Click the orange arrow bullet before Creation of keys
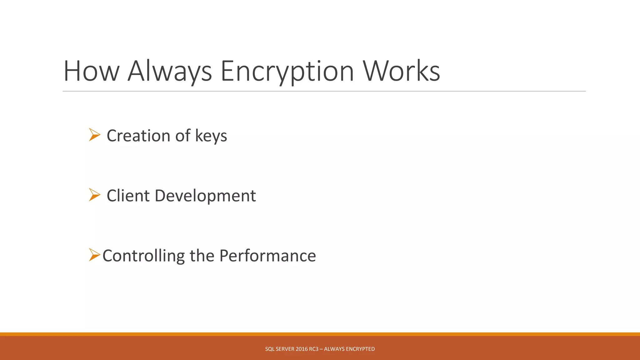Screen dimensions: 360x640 click(x=94, y=135)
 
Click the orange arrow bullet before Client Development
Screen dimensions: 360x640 click(x=94, y=195)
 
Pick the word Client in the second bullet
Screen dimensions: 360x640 click(x=128, y=196)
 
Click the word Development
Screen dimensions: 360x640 click(x=205, y=196)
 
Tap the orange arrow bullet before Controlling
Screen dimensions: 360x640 click(x=94, y=255)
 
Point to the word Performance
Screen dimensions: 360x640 click(x=267, y=256)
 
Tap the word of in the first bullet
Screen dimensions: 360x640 click(x=183, y=136)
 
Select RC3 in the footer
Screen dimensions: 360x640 click(x=314, y=349)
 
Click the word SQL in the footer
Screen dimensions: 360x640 click(x=270, y=349)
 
